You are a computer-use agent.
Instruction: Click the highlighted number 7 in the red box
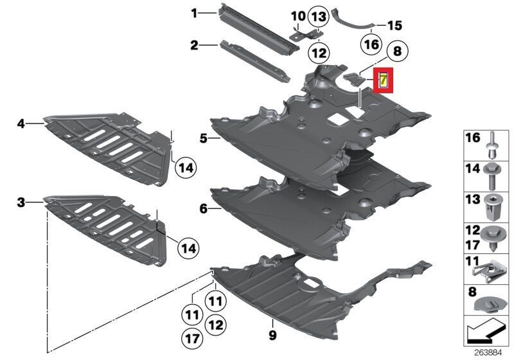[x=383, y=80]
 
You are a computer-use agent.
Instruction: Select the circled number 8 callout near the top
[x=397, y=51]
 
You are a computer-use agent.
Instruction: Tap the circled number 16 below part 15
[x=371, y=44]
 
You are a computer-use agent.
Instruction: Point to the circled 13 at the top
[x=319, y=17]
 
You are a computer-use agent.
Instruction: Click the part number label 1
[x=195, y=14]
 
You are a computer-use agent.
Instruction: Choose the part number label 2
[x=195, y=45]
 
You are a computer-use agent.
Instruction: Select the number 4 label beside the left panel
[x=21, y=124]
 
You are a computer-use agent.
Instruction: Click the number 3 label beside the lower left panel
[x=21, y=203]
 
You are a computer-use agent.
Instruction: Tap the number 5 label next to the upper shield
[x=204, y=139]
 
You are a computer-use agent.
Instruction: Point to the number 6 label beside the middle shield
[x=204, y=208]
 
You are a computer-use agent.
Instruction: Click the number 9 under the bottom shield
[x=272, y=335]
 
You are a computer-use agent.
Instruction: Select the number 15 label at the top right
[x=394, y=25]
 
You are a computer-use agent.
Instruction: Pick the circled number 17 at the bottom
[x=192, y=338]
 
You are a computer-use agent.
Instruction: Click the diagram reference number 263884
[x=488, y=353]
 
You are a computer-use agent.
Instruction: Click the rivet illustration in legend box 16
[x=492, y=146]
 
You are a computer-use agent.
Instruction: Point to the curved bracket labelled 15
[x=354, y=19]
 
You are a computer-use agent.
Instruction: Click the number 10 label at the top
[x=298, y=16]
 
